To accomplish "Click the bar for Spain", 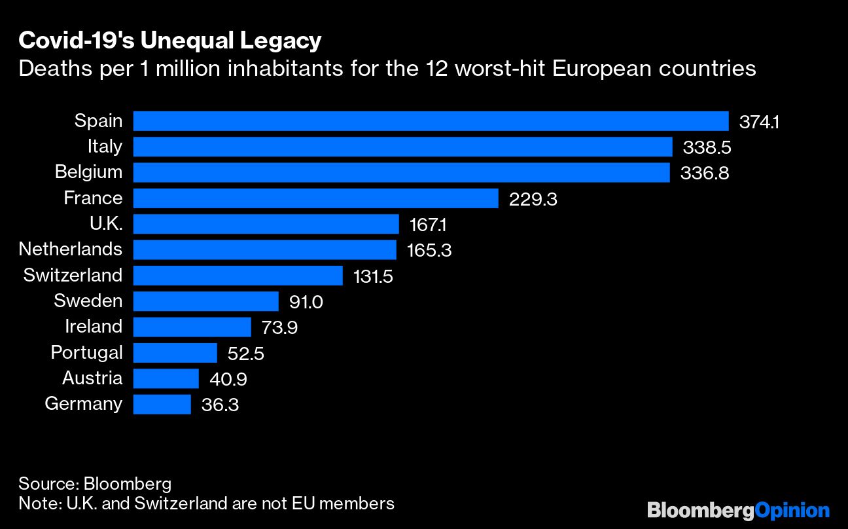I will click(431, 121).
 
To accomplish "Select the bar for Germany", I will click(162, 404).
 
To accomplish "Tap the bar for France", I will click(315, 198).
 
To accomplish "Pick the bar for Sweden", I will click(206, 301).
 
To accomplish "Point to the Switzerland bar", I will click(238, 276).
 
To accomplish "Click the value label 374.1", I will click(759, 122).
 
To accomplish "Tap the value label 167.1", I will click(429, 225).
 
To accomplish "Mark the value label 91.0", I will click(306, 302).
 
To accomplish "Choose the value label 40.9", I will click(228, 379).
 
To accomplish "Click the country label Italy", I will click(105, 146).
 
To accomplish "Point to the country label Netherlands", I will click(71, 249).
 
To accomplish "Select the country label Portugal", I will click(86, 353).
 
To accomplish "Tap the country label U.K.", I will click(105, 224).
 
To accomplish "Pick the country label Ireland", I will click(94, 327).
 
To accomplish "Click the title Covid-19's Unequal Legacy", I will click(170, 41).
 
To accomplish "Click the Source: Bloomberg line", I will click(95, 484).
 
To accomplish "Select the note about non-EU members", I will click(207, 503).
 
